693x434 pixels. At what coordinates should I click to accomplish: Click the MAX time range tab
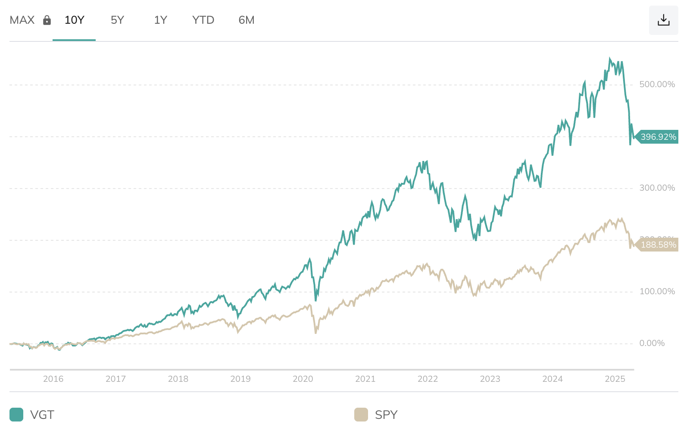[22, 20]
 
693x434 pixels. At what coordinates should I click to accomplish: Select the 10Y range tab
[74, 20]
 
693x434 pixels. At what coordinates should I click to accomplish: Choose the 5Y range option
[117, 20]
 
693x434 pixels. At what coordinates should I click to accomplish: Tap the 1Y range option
[160, 20]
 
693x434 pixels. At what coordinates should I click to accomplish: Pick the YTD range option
[203, 20]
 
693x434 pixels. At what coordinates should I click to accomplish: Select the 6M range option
[246, 20]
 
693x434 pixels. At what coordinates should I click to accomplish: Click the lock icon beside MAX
[47, 20]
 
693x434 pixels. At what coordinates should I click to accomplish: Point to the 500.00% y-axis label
[657, 85]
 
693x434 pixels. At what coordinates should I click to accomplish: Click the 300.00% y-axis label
[657, 188]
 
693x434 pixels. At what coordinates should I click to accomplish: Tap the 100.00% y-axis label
[657, 292]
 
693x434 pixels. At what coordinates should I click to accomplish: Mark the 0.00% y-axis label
[652, 343]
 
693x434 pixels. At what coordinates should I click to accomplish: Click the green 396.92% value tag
[658, 137]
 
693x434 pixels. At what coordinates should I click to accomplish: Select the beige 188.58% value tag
[658, 245]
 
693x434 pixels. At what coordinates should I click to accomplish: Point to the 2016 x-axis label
[53, 379]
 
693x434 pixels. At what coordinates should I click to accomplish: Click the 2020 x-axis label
[303, 379]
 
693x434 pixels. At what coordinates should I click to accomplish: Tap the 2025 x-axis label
[615, 379]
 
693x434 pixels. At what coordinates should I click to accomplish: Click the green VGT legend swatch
[16, 415]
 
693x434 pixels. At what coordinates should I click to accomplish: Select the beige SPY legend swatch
[361, 415]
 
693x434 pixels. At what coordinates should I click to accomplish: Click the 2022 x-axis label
[428, 379]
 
